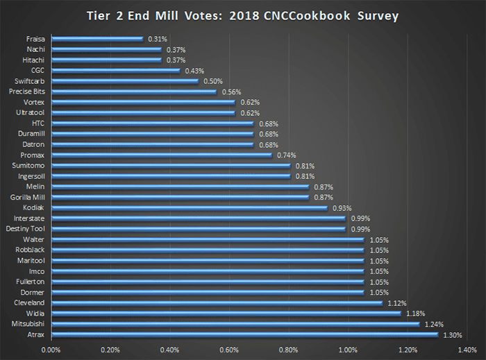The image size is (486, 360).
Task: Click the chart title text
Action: (243, 15)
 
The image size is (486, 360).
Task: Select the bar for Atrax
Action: (244, 334)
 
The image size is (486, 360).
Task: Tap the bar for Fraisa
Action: (97, 39)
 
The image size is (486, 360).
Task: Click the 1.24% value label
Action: (433, 324)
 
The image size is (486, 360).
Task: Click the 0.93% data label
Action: (341, 208)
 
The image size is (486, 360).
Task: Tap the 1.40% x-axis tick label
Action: (467, 350)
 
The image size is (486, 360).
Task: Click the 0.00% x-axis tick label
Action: (51, 350)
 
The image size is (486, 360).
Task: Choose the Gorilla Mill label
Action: (27, 198)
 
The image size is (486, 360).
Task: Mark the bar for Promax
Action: (161, 155)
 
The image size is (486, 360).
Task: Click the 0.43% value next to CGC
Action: (194, 70)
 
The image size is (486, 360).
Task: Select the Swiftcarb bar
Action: (125, 80)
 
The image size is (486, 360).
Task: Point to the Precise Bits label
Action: (27, 92)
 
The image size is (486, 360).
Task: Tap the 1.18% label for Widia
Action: (414, 314)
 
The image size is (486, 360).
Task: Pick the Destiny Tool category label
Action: (26, 229)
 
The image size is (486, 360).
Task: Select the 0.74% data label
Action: (285, 155)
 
